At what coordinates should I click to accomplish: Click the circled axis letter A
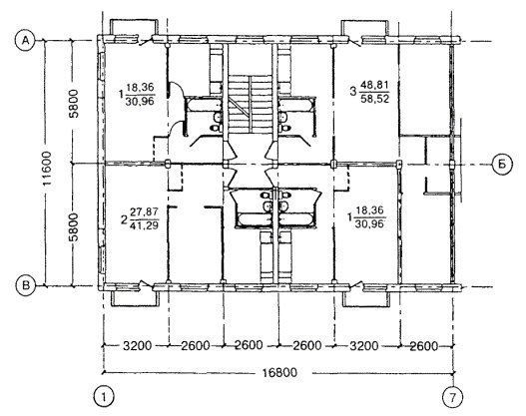tap(25, 41)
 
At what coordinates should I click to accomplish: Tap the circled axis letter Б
tap(502, 165)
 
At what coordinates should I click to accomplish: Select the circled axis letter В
tap(26, 285)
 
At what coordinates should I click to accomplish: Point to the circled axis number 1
tap(104, 397)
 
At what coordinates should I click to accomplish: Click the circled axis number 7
tap(453, 398)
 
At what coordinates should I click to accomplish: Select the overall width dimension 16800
tap(279, 372)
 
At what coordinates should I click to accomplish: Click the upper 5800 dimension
tap(74, 104)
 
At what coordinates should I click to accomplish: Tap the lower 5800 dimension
tap(74, 226)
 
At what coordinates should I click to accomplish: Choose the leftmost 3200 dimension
tap(138, 345)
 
